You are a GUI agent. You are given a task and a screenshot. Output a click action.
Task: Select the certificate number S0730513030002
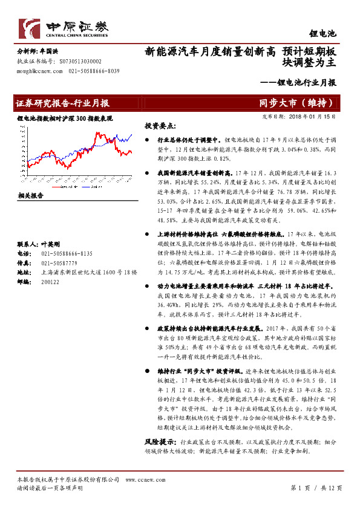point(80,62)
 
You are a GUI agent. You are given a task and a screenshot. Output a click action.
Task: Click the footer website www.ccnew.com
point(139,479)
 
